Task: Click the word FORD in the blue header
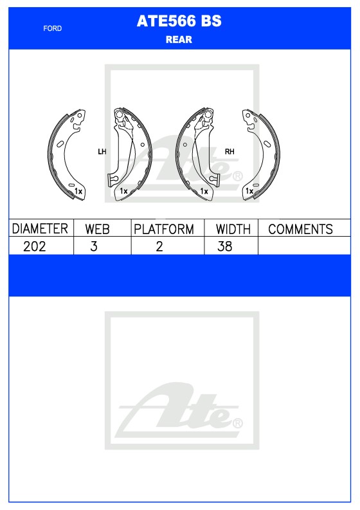point(53,28)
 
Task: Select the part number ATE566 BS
point(179,21)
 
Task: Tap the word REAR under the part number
point(179,40)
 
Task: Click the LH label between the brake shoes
point(102,152)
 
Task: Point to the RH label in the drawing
point(230,152)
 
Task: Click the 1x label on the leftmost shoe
point(78,192)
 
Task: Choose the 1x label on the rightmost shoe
point(249,192)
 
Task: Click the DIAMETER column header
point(40,229)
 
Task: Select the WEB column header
point(97,229)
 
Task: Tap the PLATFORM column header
point(164,229)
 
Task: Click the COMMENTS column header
point(300,229)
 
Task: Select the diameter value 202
point(34,246)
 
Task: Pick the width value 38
point(224,246)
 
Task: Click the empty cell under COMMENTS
point(303,246)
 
